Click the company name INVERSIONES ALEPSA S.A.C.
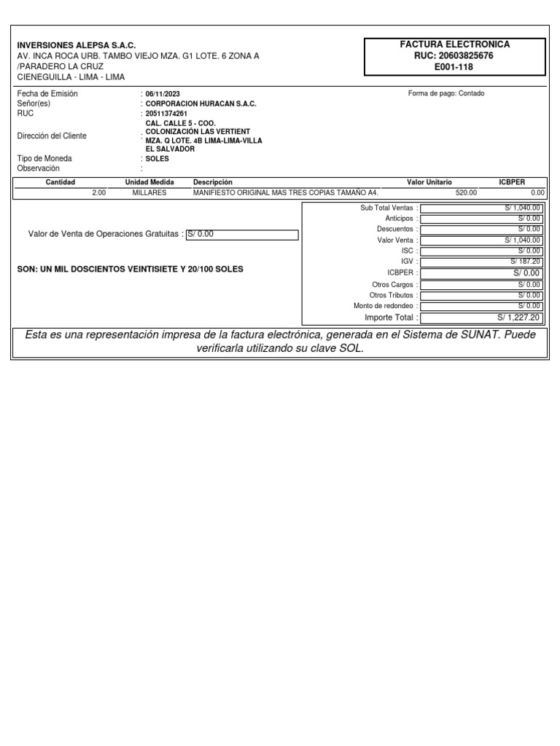76,45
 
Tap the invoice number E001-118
454,66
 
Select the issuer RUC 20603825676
454,55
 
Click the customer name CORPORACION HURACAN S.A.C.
201,104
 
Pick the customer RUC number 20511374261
166,114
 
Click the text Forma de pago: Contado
446,93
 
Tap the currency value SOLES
157,158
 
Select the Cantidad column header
61,181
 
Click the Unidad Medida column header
149,181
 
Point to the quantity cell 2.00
98,192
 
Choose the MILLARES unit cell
149,192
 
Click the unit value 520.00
466,192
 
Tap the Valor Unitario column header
429,181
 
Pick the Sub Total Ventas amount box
481,208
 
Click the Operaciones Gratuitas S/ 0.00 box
242,234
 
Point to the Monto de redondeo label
383,306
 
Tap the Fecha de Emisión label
47,94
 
